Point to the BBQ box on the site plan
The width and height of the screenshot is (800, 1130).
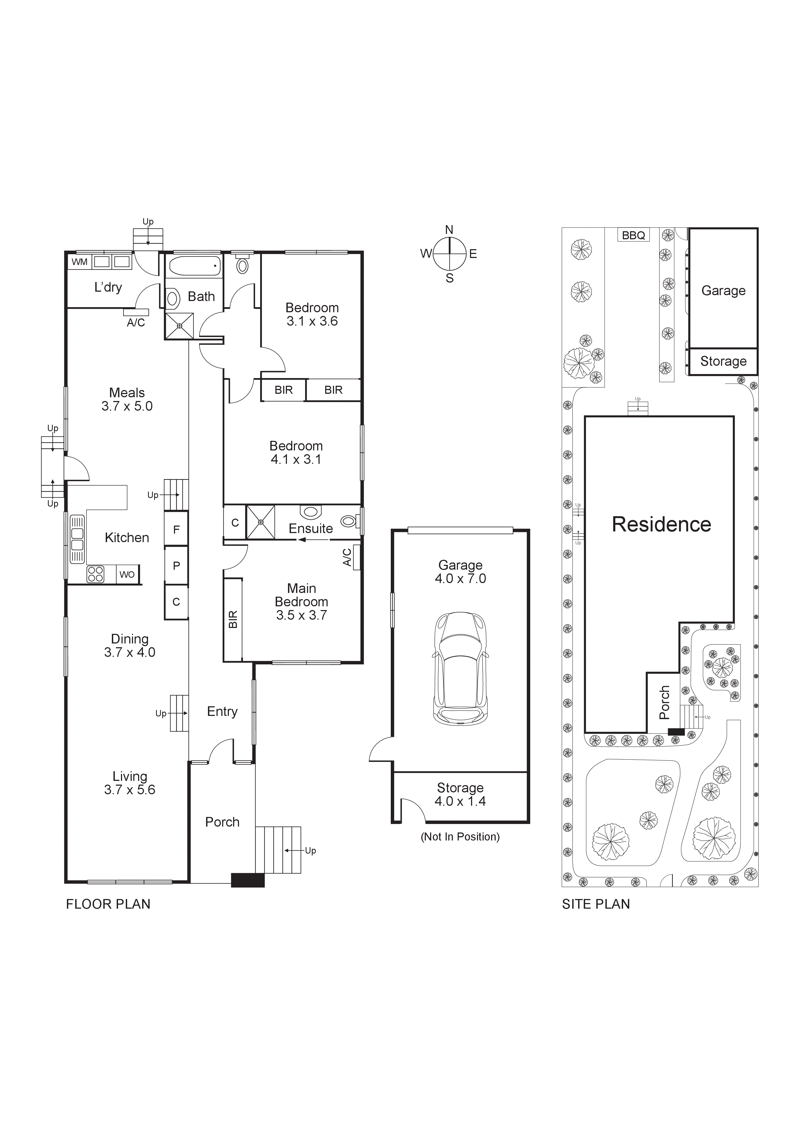[634, 235]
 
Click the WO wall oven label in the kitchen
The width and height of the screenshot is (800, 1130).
[127, 574]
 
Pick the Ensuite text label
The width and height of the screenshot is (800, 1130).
[310, 529]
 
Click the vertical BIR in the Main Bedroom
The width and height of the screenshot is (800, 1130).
[233, 619]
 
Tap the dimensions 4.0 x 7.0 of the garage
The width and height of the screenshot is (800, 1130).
[460, 579]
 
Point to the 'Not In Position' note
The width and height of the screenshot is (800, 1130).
[460, 837]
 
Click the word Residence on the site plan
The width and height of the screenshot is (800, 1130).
[661, 525]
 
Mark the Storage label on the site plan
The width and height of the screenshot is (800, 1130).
[723, 361]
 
